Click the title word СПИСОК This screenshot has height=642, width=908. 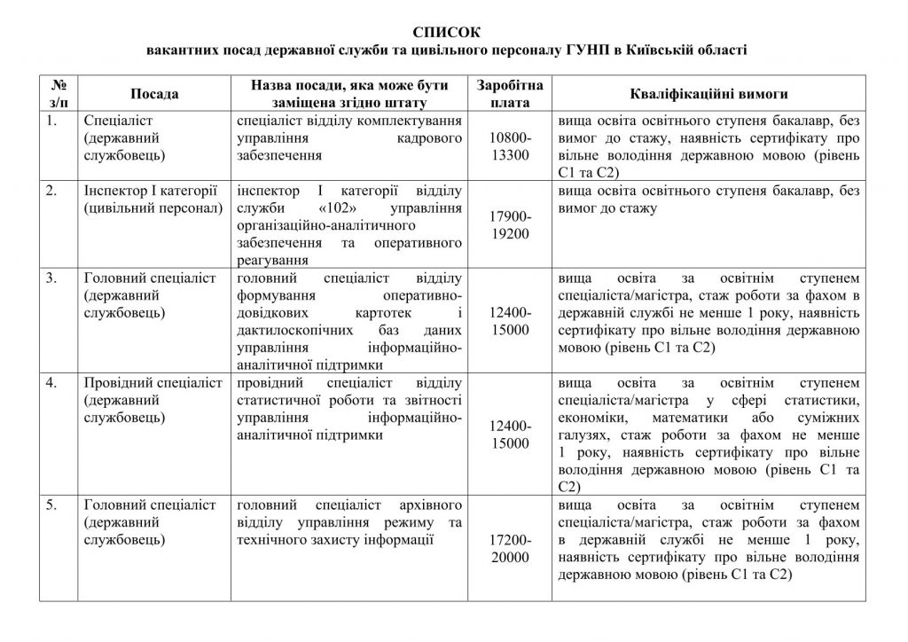[x=453, y=32]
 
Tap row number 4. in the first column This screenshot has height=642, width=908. [x=53, y=383]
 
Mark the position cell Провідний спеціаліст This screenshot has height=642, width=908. [x=150, y=383]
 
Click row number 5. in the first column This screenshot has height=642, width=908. [x=53, y=505]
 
